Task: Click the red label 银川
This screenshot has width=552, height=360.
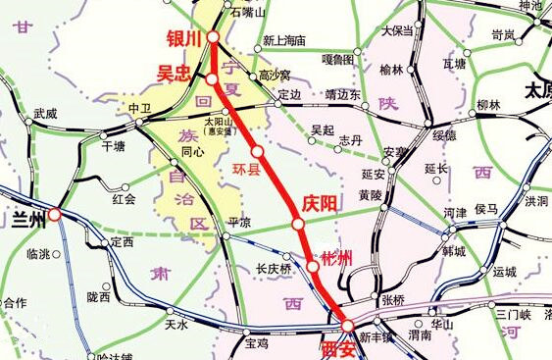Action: click(x=183, y=38)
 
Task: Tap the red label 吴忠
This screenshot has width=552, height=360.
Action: click(x=177, y=73)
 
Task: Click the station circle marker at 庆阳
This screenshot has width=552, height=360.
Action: click(x=298, y=225)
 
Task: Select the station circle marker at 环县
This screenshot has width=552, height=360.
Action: click(x=258, y=152)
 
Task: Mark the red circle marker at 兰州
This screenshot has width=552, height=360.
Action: click(x=55, y=214)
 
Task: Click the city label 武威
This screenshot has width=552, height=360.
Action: click(x=46, y=114)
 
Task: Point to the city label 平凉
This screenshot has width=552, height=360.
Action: click(x=240, y=222)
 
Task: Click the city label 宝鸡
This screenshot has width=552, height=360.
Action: click(x=257, y=343)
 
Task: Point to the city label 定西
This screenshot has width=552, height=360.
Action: click(x=122, y=242)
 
